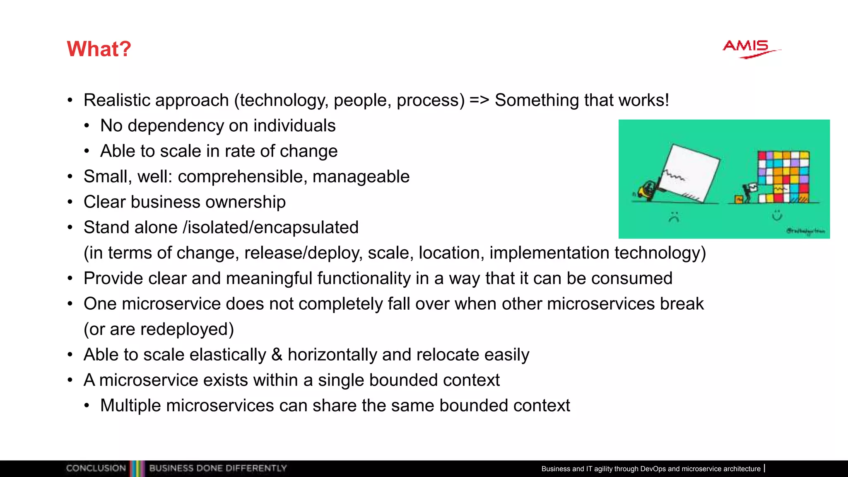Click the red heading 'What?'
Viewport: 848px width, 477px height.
99,49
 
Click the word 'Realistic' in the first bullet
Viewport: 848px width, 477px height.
115,100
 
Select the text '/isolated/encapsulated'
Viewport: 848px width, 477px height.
270,227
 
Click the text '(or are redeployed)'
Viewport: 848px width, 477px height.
159,329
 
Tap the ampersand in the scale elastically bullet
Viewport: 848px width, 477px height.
277,355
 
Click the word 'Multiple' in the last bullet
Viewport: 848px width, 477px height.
130,405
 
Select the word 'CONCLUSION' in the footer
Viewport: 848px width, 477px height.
96,468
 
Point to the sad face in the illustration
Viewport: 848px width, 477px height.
674,217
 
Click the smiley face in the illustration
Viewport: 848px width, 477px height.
777,215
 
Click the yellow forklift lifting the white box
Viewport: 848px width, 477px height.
646,191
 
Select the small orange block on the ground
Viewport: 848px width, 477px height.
738,200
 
